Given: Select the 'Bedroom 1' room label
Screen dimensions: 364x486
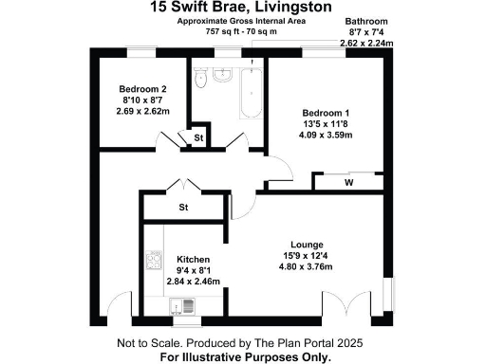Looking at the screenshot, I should click(x=326, y=110).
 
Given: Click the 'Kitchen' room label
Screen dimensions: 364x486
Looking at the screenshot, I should click(x=193, y=259).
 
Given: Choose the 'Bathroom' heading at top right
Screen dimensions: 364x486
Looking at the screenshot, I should click(x=366, y=20).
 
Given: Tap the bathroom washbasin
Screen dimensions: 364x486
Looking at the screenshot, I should click(x=225, y=77).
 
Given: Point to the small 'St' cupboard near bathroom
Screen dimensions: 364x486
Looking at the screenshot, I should click(x=198, y=138).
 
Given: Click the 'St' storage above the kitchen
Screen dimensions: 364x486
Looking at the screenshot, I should click(x=184, y=207).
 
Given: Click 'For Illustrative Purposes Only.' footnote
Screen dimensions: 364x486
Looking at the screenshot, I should click(x=245, y=357).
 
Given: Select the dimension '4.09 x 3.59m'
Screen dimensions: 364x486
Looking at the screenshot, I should click(x=326, y=134).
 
